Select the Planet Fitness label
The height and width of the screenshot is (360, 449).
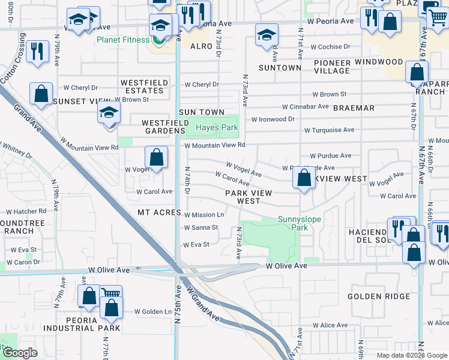point(121,40)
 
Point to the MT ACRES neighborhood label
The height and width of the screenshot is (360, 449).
point(158,212)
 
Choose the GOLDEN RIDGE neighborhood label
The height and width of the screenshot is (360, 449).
point(379,296)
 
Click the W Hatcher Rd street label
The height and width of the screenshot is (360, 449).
point(26,211)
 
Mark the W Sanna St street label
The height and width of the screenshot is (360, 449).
point(200,227)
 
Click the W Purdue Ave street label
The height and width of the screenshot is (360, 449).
point(330,155)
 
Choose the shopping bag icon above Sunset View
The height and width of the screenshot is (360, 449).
point(41,94)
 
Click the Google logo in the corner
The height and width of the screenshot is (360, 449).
point(19,353)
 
